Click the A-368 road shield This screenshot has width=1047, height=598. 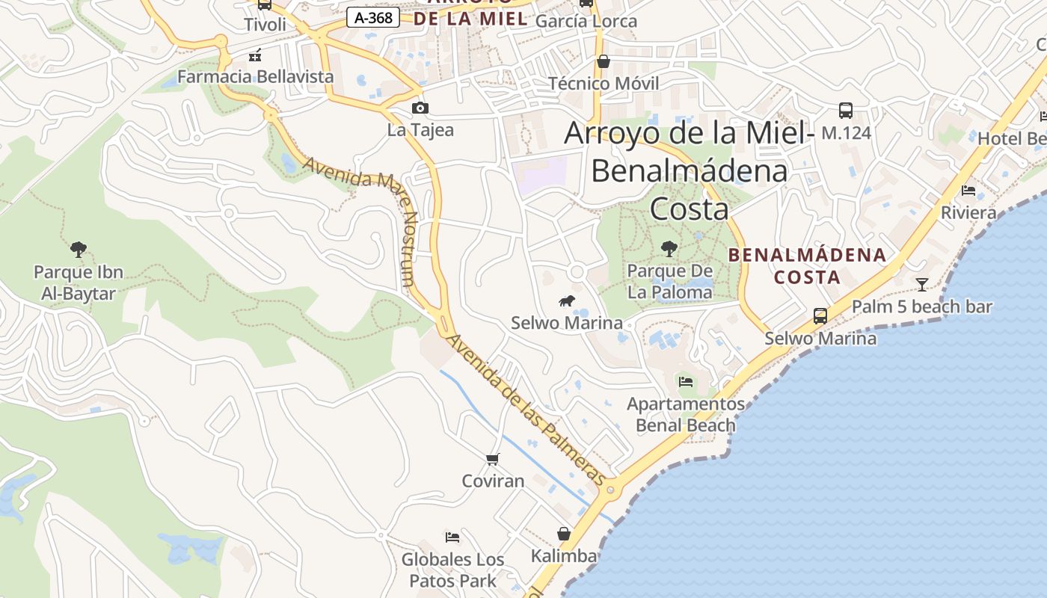[x=372, y=18]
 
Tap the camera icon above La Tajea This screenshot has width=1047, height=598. [x=420, y=108]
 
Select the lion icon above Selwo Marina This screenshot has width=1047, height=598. [x=567, y=301]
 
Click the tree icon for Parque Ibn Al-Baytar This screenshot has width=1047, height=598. [x=78, y=249]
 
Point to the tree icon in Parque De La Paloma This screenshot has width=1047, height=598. [x=669, y=248]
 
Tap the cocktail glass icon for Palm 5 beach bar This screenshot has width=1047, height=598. [x=922, y=284]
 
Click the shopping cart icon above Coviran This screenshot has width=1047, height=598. [x=492, y=459]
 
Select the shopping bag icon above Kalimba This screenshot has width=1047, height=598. [x=564, y=534]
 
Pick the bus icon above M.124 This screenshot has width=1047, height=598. [x=846, y=111]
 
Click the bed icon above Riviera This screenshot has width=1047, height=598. [x=968, y=191]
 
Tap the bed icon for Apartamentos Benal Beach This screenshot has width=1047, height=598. [x=686, y=382]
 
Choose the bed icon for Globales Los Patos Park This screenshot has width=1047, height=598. [x=452, y=537]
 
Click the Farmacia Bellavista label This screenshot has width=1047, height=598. [x=255, y=76]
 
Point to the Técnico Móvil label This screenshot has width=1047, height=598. [x=604, y=83]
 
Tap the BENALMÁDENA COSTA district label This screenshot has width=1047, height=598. [x=807, y=265]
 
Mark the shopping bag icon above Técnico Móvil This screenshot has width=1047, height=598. [x=604, y=61]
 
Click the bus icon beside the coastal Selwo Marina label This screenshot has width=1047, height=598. [x=820, y=315]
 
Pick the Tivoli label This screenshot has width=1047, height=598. [x=265, y=24]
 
